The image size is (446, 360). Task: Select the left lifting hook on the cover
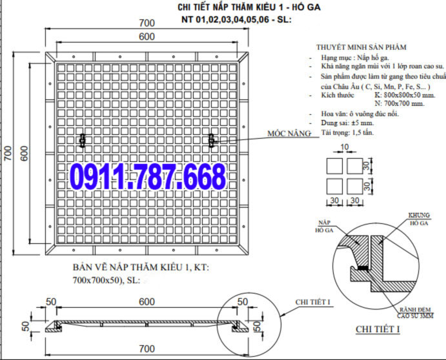point(82,139)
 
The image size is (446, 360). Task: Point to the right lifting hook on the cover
point(212,139)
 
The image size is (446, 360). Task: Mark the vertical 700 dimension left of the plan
point(8,153)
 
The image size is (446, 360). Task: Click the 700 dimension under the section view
point(147,348)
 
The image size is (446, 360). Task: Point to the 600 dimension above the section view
point(147,302)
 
